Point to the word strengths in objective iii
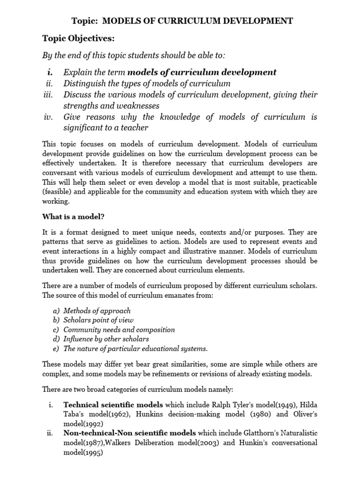81,105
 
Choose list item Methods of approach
97,311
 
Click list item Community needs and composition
119,330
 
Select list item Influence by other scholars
106,339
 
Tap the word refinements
195,374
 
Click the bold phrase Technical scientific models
113,405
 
